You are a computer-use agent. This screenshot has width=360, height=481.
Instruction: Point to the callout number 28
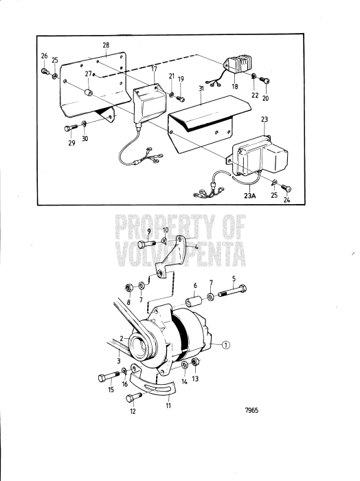(x=106, y=45)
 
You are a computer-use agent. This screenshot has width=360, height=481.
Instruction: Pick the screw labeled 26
(x=45, y=70)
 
